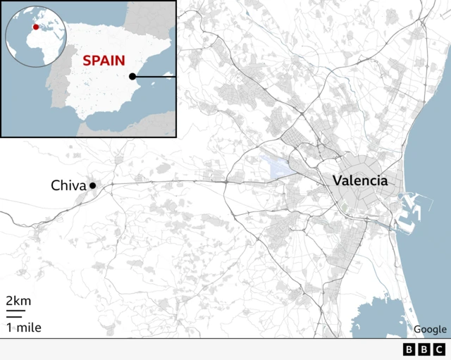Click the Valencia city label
(360, 180)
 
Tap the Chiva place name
(68, 186)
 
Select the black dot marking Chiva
(92, 185)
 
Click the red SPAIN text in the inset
(104, 60)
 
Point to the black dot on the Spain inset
(132, 76)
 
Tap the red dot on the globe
(36, 27)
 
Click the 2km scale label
(18, 301)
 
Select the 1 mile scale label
(23, 328)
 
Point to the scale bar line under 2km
(16, 311)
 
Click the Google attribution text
(430, 329)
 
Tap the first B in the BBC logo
(409, 349)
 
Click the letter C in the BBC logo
(439, 349)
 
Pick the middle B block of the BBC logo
(424, 349)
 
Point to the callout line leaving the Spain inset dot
(155, 76)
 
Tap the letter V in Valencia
(338, 180)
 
